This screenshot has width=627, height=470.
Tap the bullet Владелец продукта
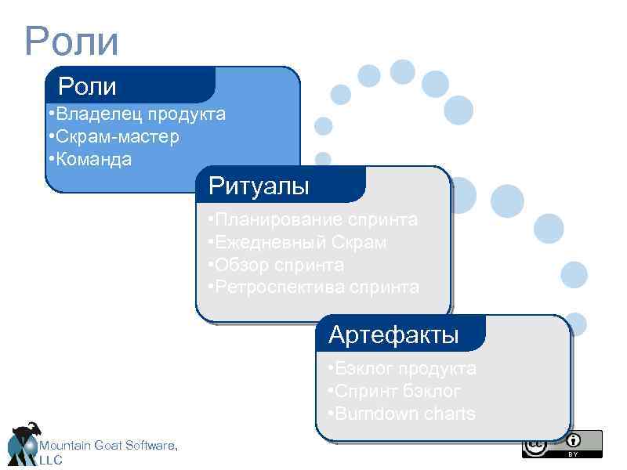[136, 114]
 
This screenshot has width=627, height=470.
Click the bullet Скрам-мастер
[113, 137]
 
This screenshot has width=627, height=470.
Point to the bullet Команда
[89, 160]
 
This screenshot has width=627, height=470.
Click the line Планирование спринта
[313, 219]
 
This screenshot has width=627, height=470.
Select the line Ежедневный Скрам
[297, 242]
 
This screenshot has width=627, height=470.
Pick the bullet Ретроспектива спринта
[313, 287]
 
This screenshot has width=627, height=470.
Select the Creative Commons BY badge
[562, 443]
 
